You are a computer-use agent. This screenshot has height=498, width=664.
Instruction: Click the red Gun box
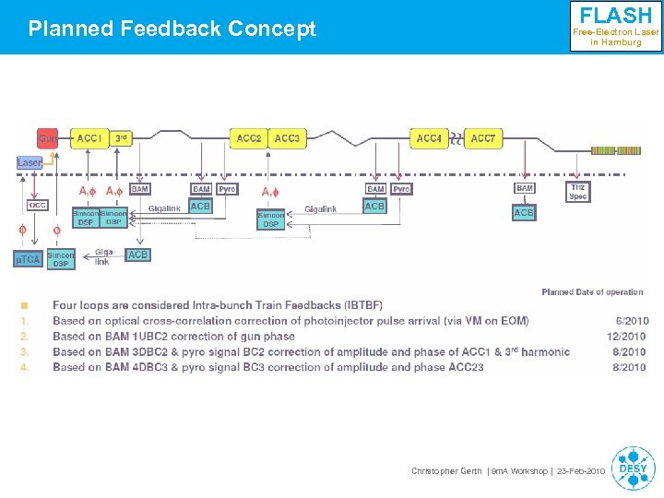(48, 139)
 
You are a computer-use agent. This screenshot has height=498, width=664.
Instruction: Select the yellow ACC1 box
(89, 138)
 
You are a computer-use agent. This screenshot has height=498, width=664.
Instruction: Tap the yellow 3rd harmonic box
(121, 138)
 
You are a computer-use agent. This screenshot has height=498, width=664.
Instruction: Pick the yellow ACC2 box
(249, 138)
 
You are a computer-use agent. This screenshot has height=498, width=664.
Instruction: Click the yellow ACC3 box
(286, 138)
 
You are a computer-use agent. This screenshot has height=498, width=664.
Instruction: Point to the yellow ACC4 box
(429, 138)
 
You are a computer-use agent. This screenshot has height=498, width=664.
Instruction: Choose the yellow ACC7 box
(482, 138)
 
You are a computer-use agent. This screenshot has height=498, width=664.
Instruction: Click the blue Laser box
(30, 162)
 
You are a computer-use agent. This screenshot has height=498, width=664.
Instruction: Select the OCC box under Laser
(37, 206)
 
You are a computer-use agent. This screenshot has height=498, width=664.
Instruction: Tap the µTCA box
(28, 259)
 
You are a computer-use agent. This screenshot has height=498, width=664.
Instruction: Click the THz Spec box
(577, 191)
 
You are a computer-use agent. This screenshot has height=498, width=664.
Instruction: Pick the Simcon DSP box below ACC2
(270, 219)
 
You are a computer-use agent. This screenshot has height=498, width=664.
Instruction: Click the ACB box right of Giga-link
(137, 255)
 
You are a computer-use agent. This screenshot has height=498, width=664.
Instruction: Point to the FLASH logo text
(615, 16)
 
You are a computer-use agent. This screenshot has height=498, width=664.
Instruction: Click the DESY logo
(633, 468)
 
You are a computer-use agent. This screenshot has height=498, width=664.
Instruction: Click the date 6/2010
(632, 321)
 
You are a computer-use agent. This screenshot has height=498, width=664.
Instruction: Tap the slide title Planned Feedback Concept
(172, 29)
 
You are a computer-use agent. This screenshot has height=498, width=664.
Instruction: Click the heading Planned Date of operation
(592, 292)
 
